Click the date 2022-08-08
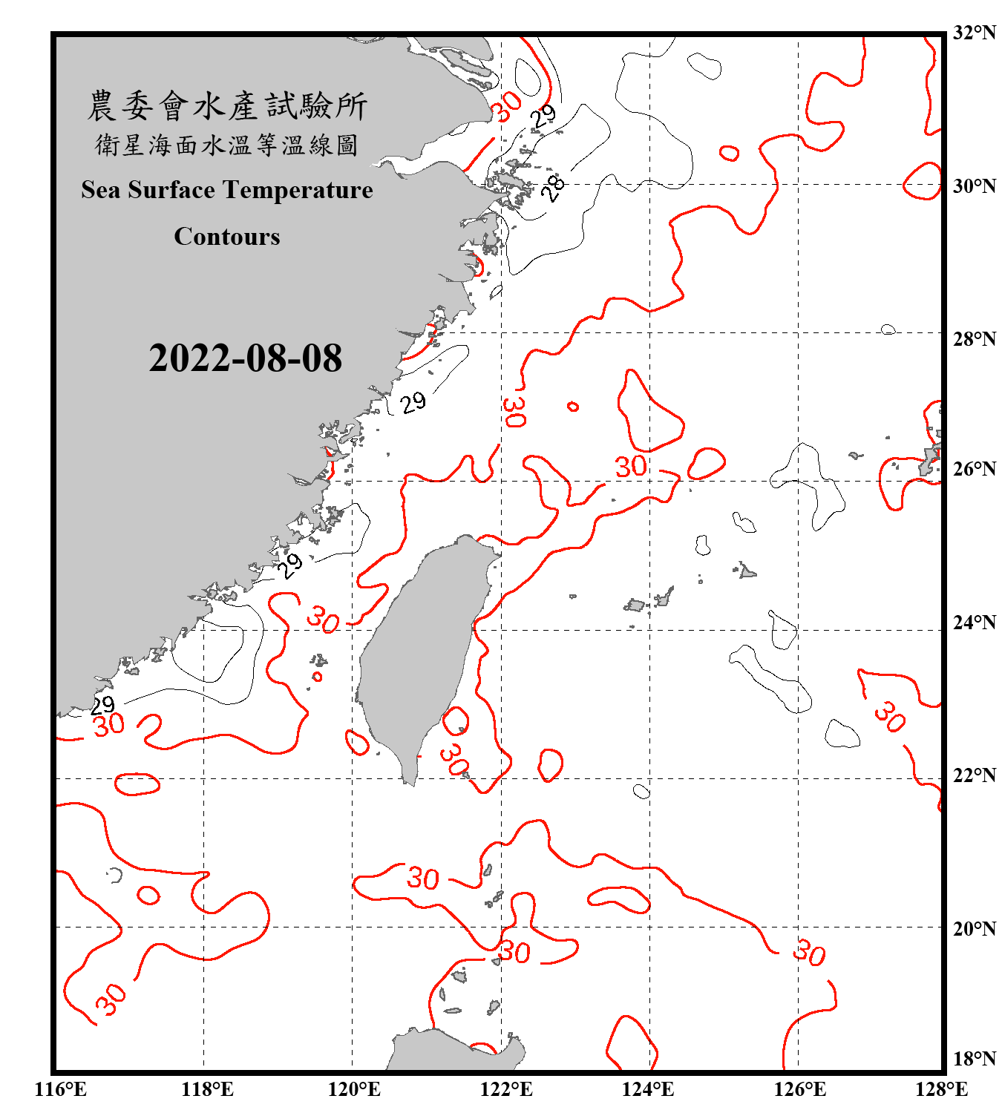[x=245, y=358]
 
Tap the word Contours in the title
[x=227, y=236]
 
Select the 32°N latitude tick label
[x=975, y=33]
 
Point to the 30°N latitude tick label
[x=975, y=186]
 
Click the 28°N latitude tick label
[x=975, y=339]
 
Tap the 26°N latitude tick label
[x=975, y=469]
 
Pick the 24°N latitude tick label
[x=975, y=622]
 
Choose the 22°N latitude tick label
[x=975, y=775]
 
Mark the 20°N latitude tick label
[x=975, y=928]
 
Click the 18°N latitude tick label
[x=975, y=1058]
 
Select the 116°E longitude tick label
[x=61, y=1089]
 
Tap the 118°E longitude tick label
[x=207, y=1089]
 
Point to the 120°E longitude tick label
[x=354, y=1089]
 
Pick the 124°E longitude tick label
[x=648, y=1089]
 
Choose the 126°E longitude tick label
[x=799, y=1089]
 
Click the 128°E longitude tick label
[x=941, y=1089]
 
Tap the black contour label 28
[x=553, y=188]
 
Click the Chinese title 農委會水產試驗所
[x=227, y=105]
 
